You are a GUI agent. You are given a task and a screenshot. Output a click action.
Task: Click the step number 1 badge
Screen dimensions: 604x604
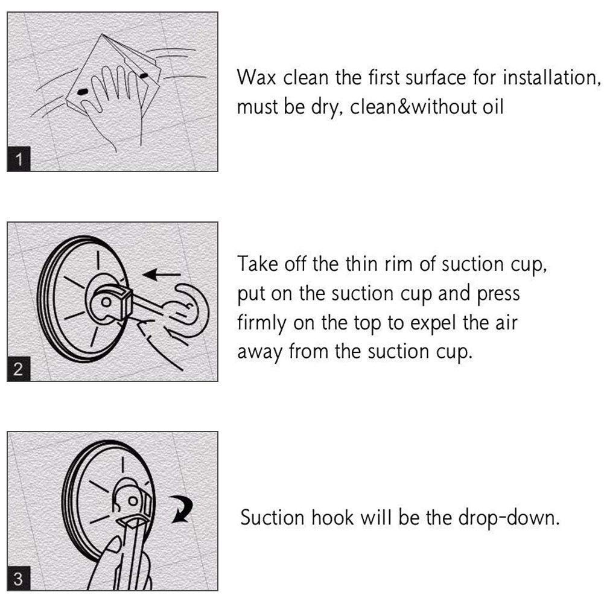(x=19, y=159)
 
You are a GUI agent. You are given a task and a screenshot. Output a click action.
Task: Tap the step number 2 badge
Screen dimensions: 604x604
(x=19, y=369)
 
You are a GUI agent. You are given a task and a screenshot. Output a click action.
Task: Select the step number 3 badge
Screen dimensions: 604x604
(x=19, y=579)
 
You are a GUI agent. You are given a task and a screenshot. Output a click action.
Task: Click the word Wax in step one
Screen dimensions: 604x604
(x=256, y=77)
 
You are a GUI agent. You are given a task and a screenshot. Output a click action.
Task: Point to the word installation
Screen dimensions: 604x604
(x=552, y=77)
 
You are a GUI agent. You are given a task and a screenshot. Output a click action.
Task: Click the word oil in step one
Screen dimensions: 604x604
(x=493, y=106)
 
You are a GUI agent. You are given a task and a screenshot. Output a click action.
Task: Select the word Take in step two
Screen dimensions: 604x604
(x=257, y=264)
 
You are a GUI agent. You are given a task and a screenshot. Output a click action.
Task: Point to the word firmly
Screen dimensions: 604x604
(x=261, y=323)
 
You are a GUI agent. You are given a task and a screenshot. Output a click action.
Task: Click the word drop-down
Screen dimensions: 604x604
(x=509, y=518)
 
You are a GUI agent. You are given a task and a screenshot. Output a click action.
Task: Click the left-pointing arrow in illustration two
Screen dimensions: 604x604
(x=161, y=275)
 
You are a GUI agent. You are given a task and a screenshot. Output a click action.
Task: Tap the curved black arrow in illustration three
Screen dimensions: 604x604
(x=182, y=509)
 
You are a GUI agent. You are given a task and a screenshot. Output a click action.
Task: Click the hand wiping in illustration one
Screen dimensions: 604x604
(x=112, y=104)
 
